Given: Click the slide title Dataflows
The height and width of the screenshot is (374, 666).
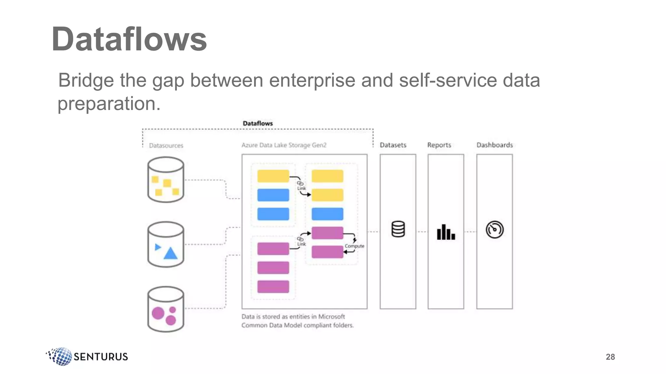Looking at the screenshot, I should (129, 40).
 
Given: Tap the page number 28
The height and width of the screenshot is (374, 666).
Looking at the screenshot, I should (610, 357).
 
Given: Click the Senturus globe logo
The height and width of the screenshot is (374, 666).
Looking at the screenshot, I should (60, 356).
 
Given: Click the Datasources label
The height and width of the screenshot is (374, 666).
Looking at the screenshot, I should (166, 145).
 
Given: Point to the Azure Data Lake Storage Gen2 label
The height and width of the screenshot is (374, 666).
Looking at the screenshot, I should (284, 145).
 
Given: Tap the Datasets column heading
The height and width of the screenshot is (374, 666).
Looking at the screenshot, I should (393, 145).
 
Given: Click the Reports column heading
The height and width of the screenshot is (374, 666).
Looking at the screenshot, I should (439, 145).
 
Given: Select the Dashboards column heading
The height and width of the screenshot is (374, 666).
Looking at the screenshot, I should (494, 145).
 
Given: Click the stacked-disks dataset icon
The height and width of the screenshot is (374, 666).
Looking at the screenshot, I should (398, 229).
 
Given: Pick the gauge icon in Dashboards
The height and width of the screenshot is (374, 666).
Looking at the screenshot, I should (494, 230).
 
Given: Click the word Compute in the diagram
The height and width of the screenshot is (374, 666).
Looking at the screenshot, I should (354, 246).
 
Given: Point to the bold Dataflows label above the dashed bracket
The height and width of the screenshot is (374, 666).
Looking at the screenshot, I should (258, 123).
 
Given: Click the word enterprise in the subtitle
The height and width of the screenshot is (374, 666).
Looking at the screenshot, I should (312, 80).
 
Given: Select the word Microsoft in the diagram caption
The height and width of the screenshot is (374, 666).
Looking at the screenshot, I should (331, 317).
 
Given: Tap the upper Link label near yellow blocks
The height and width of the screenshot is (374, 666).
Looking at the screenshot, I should (301, 188).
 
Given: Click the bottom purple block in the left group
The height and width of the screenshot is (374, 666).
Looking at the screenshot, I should (273, 287).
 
